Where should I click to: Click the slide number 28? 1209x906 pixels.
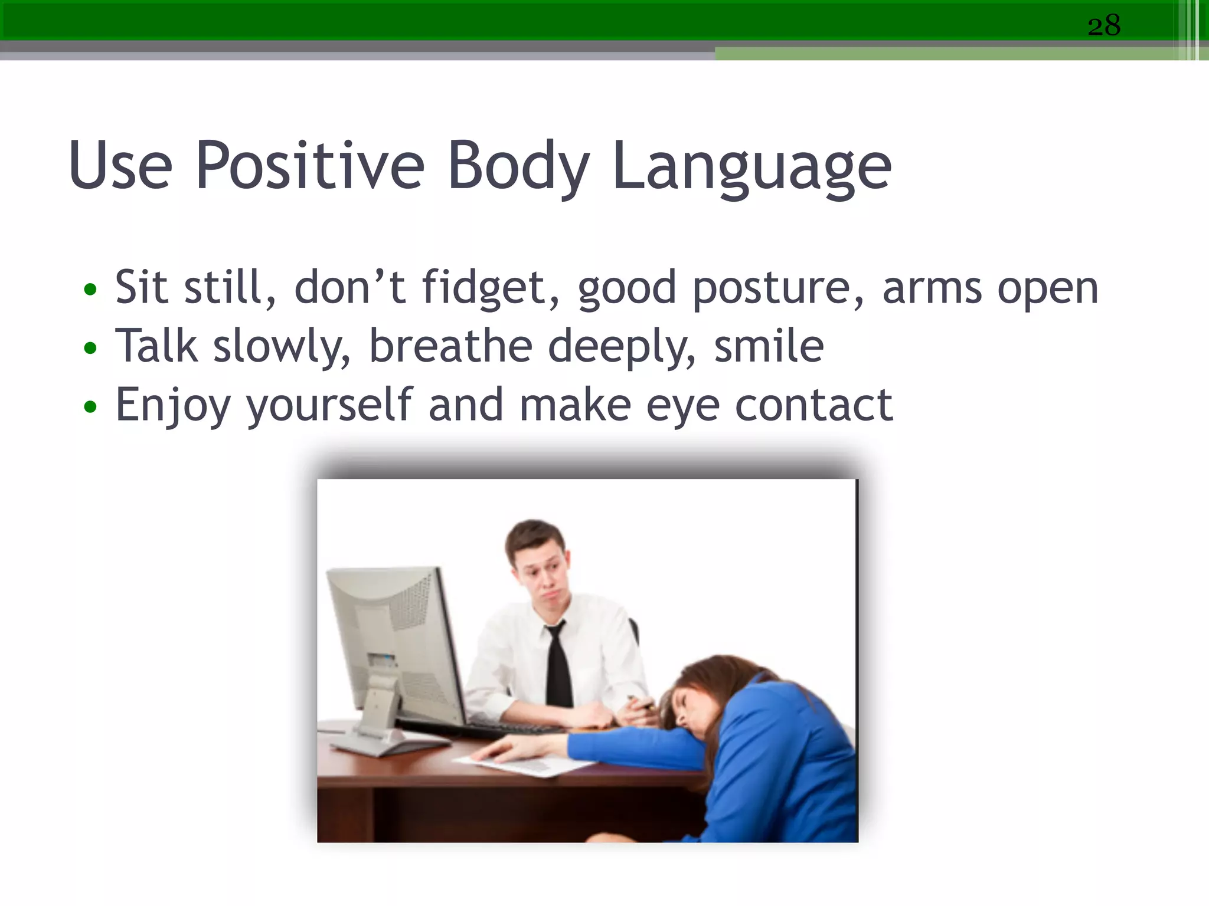point(1103,26)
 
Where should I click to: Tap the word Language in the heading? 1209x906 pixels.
point(751,168)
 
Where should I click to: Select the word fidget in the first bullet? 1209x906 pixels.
point(483,288)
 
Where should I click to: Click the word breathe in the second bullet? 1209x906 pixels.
point(450,346)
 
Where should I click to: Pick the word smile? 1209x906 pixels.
point(768,346)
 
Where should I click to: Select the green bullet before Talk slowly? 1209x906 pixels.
point(90,348)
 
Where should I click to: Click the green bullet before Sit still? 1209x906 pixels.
point(90,290)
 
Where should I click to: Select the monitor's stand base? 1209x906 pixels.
point(384,743)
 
